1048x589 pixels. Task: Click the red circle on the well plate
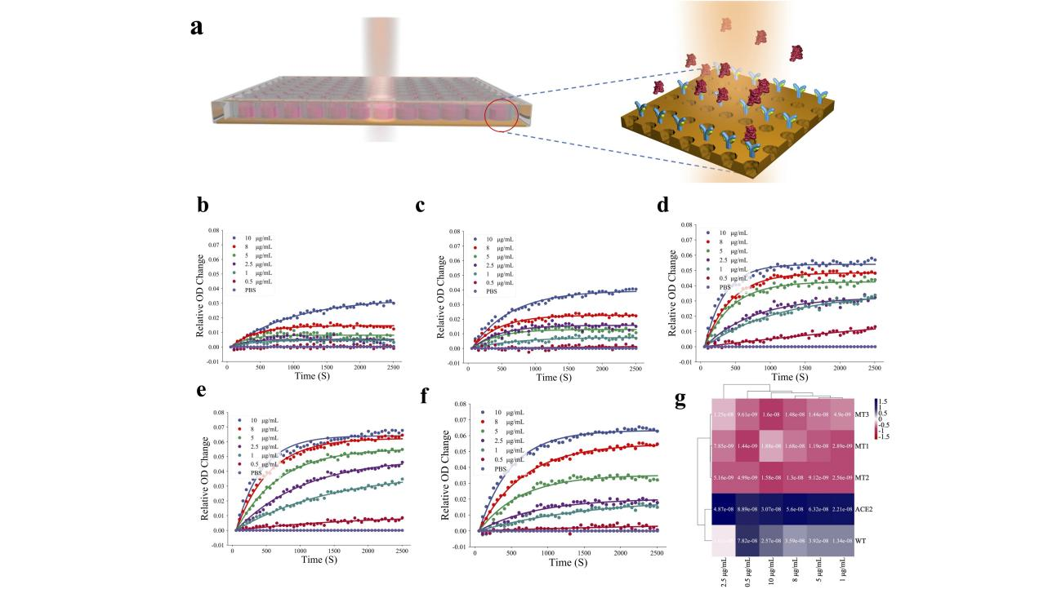point(502,115)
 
